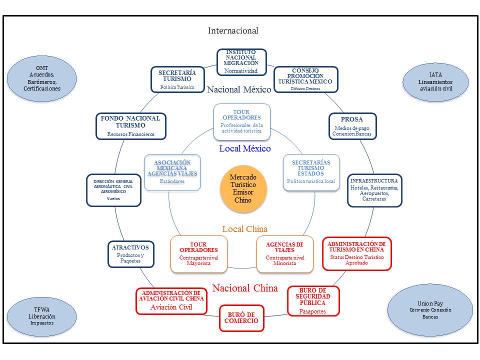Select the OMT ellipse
click(42, 78)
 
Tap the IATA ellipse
click(435, 81)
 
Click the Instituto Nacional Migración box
click(241, 62)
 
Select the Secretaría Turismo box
click(177, 79)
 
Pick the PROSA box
click(352, 126)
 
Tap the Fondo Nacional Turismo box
click(130, 126)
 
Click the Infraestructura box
click(374, 190)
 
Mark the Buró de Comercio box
click(241, 318)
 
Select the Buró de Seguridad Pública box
click(313, 300)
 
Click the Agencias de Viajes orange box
click(285, 254)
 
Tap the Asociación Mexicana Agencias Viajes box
click(172, 172)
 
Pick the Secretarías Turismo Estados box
click(311, 172)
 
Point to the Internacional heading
click(233, 30)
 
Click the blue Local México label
click(245, 148)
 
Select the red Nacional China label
click(245, 288)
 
